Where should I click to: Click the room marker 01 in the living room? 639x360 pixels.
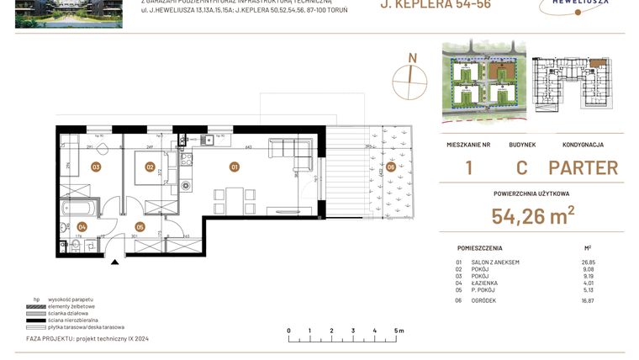[235, 167]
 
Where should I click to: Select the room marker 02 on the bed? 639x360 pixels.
[149, 167]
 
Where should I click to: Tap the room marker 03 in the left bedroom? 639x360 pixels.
[96, 167]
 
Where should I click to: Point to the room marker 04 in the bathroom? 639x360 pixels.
[82, 226]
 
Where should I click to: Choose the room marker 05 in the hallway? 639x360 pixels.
[140, 226]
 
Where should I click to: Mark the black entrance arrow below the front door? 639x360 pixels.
[115, 262]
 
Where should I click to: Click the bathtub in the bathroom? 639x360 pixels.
[77, 206]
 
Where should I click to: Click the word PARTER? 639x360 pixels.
[583, 167]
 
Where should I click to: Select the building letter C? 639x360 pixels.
[521, 167]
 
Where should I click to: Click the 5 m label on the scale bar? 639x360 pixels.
[396, 331]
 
